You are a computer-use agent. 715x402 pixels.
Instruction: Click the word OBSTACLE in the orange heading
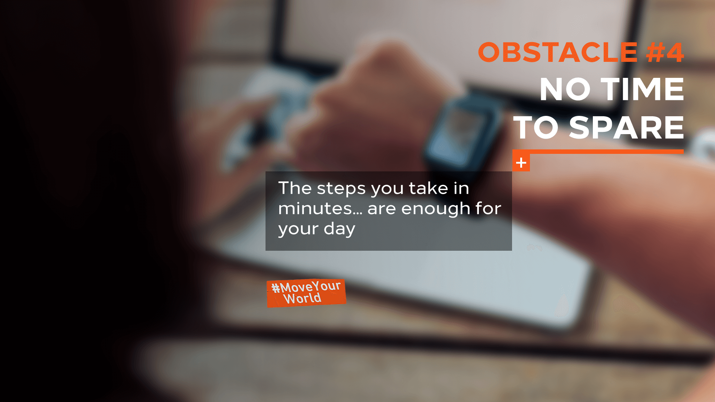tap(558, 52)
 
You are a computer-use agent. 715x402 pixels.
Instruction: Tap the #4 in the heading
tap(665, 52)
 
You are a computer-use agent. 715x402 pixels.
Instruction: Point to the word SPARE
tap(627, 127)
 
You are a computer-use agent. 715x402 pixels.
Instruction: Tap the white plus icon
tap(521, 163)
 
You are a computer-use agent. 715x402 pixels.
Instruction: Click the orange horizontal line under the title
tap(598, 152)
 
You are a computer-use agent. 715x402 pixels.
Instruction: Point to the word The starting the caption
tap(295, 188)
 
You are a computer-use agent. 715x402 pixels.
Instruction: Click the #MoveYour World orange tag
tap(306, 293)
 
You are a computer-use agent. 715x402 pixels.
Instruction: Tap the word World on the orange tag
tap(302, 298)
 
